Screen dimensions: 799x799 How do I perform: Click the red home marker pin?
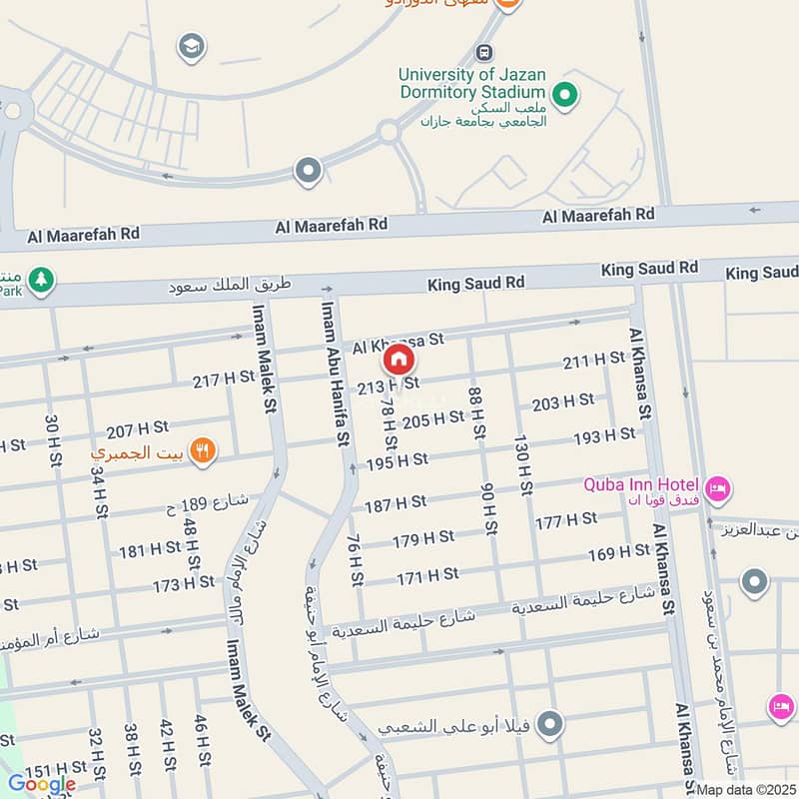tap(399, 359)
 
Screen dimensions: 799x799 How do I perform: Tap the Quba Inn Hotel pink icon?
tap(717, 489)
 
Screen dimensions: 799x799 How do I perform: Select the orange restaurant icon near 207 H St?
tap(203, 451)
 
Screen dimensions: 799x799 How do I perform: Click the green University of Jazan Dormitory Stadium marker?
tap(564, 96)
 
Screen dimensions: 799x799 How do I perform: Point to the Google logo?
tap(42, 783)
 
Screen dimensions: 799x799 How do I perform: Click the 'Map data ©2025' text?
tap(746, 790)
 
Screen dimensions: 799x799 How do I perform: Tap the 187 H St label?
tap(396, 504)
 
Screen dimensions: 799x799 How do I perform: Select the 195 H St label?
tap(398, 460)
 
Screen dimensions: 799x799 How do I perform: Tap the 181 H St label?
tap(150, 549)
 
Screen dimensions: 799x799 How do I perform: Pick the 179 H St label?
tap(422, 538)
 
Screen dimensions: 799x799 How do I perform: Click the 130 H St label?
tap(520, 463)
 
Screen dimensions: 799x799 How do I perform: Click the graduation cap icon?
tap(190, 45)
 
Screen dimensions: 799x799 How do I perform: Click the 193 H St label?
tap(603, 436)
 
